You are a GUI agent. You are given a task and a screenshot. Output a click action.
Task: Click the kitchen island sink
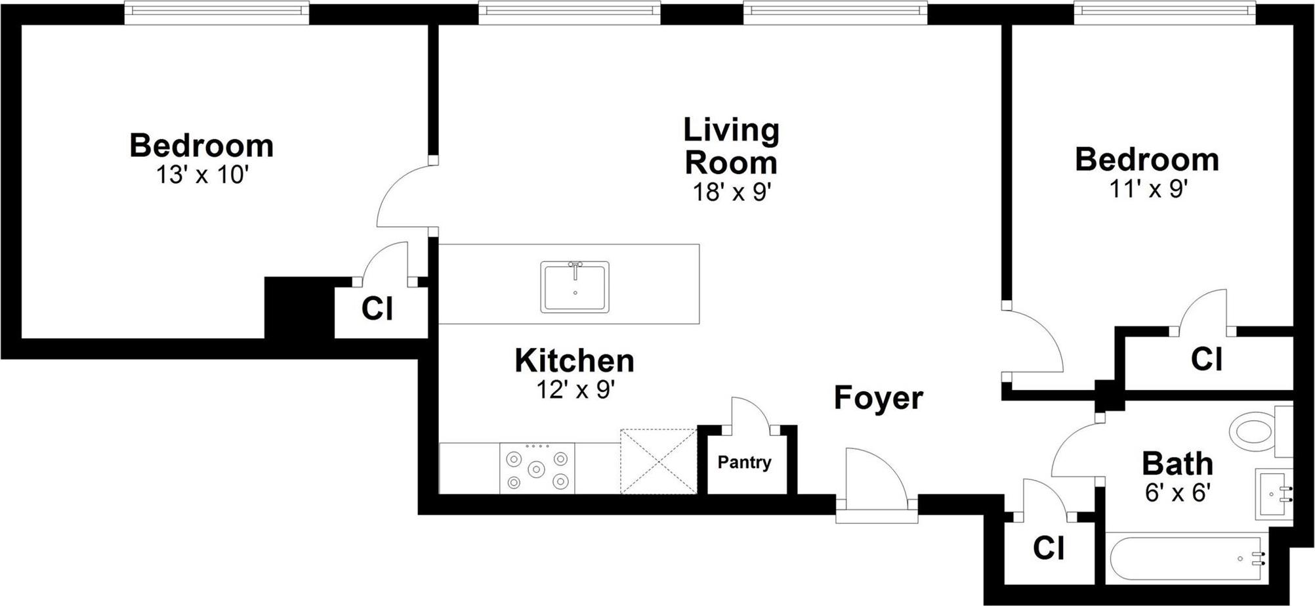point(575,286)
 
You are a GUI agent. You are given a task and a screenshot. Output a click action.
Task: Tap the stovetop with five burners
point(537,468)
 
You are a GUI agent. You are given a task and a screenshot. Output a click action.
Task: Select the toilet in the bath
point(1261,431)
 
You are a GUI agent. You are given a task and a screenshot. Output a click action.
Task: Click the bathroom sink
point(1274,494)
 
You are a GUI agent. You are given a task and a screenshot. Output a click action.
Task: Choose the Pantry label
point(744,462)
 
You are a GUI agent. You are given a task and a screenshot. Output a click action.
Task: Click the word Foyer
point(878,398)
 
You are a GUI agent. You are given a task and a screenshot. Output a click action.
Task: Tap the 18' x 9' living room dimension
point(732,192)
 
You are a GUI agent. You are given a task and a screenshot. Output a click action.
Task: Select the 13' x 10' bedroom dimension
point(202,175)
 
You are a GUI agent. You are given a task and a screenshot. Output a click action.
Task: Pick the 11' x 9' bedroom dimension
point(1148,189)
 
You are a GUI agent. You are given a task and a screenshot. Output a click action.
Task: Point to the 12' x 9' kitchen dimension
point(575,389)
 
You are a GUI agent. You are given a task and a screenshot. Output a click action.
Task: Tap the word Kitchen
point(574,360)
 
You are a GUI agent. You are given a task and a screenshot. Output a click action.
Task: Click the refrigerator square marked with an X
point(658,462)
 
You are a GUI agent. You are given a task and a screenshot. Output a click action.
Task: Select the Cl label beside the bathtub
point(1048,548)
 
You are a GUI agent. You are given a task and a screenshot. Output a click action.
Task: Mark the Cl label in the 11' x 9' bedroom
point(1206,359)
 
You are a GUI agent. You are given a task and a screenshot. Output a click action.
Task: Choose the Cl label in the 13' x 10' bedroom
point(377,308)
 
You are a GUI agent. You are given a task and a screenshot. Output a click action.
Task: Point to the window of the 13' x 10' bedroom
point(217,12)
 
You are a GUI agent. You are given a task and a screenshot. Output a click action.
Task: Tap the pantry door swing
point(750,412)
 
